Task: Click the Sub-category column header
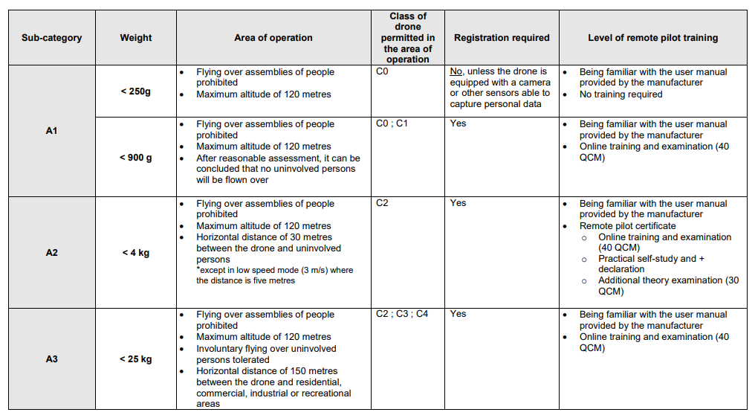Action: [51, 38]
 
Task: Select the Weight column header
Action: [136, 38]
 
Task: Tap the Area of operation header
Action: [273, 38]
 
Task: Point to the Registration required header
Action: [502, 38]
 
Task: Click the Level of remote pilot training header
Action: [652, 38]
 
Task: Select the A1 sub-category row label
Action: [51, 131]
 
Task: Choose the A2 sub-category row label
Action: [51, 253]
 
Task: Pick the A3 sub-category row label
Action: [51, 359]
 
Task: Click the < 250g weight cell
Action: [136, 91]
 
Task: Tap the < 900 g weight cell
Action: [136, 158]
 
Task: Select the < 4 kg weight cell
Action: [136, 253]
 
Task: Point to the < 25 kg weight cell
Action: [136, 359]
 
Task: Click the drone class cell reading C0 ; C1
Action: [392, 124]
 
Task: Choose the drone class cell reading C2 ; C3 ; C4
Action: [402, 315]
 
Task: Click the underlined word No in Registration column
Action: [456, 72]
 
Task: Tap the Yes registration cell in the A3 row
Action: [458, 315]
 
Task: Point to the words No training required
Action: [620, 94]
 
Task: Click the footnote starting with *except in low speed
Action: [274, 276]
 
